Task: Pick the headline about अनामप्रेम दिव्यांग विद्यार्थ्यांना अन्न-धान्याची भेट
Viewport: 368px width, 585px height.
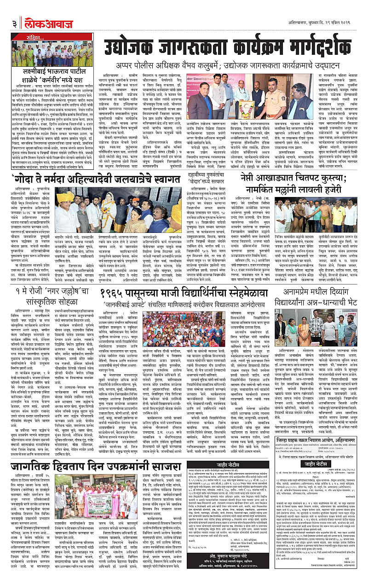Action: [317, 291]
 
